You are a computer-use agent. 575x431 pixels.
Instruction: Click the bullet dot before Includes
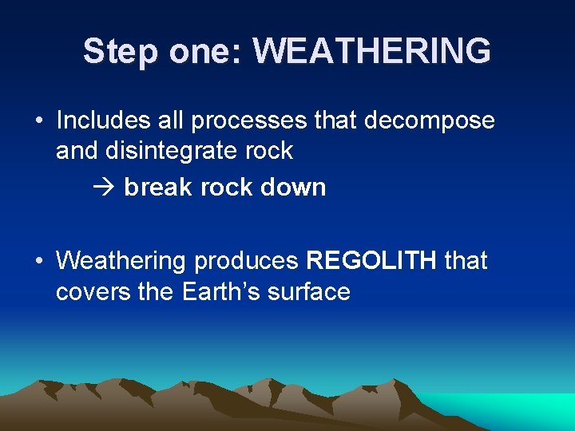pyautogui.click(x=38, y=121)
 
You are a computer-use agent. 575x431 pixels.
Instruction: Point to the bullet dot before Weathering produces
pyautogui.click(x=38, y=261)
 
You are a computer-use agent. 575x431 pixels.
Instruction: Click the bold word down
pyautogui.click(x=295, y=188)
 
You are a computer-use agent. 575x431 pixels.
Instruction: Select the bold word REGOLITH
pyautogui.click(x=371, y=260)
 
